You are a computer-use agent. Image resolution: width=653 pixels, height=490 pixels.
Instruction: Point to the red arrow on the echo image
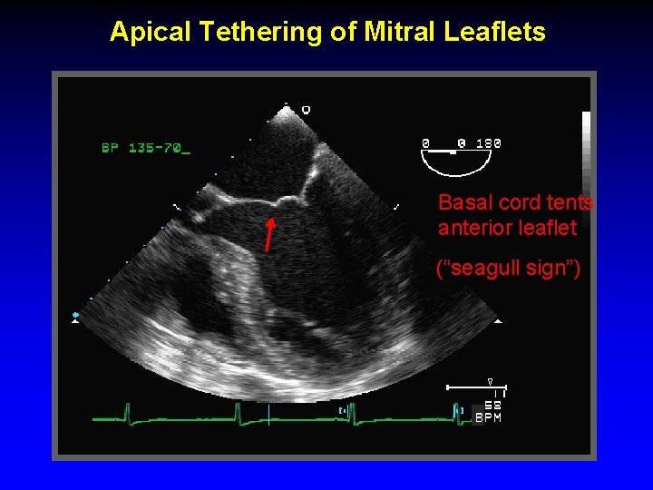coord(269,232)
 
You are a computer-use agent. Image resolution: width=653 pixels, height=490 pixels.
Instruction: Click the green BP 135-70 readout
coord(145,148)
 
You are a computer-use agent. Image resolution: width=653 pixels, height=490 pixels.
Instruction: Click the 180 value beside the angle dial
coord(489,143)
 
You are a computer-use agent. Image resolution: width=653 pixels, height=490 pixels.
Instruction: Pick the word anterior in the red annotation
coord(474,228)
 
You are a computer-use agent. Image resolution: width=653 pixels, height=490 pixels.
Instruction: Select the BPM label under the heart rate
coord(488,418)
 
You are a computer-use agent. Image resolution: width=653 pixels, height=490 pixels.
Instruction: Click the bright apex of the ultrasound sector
coord(288,112)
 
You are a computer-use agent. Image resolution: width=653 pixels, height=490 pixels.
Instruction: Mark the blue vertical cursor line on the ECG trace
coord(268,416)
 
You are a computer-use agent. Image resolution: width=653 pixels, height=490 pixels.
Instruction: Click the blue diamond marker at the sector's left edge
coord(76,315)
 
